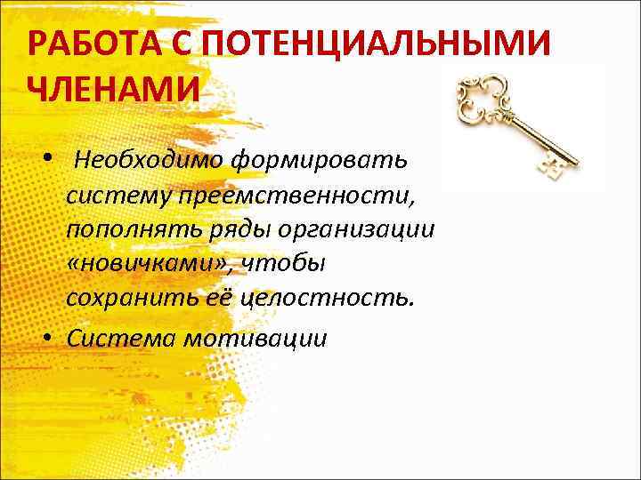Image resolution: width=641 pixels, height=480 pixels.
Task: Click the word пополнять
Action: (124, 228)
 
